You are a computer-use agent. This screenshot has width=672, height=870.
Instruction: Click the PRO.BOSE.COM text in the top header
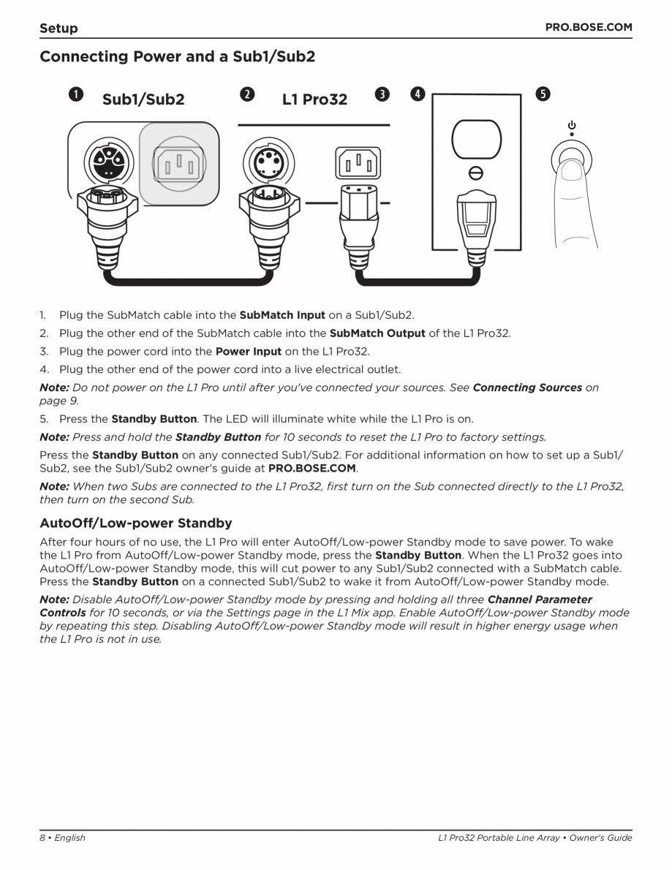tap(589, 27)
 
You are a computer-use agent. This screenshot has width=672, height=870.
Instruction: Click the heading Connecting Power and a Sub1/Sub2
tap(177, 56)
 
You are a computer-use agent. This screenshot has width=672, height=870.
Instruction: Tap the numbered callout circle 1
tap(75, 95)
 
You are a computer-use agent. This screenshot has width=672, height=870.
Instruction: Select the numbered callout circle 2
tap(248, 95)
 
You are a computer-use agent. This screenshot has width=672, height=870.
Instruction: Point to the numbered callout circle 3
tap(382, 95)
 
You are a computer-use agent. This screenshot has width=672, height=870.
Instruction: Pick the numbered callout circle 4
tap(416, 95)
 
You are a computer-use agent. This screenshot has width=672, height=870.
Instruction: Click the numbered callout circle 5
tap(543, 95)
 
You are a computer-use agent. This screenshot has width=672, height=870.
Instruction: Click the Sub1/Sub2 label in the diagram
tap(143, 99)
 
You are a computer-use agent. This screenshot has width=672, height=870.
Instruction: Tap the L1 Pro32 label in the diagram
tap(314, 99)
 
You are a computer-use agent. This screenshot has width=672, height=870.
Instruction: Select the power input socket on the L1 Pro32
tap(358, 162)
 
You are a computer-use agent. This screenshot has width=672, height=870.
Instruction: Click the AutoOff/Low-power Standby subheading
tap(135, 523)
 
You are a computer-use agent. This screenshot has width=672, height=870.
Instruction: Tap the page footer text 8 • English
tap(62, 838)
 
